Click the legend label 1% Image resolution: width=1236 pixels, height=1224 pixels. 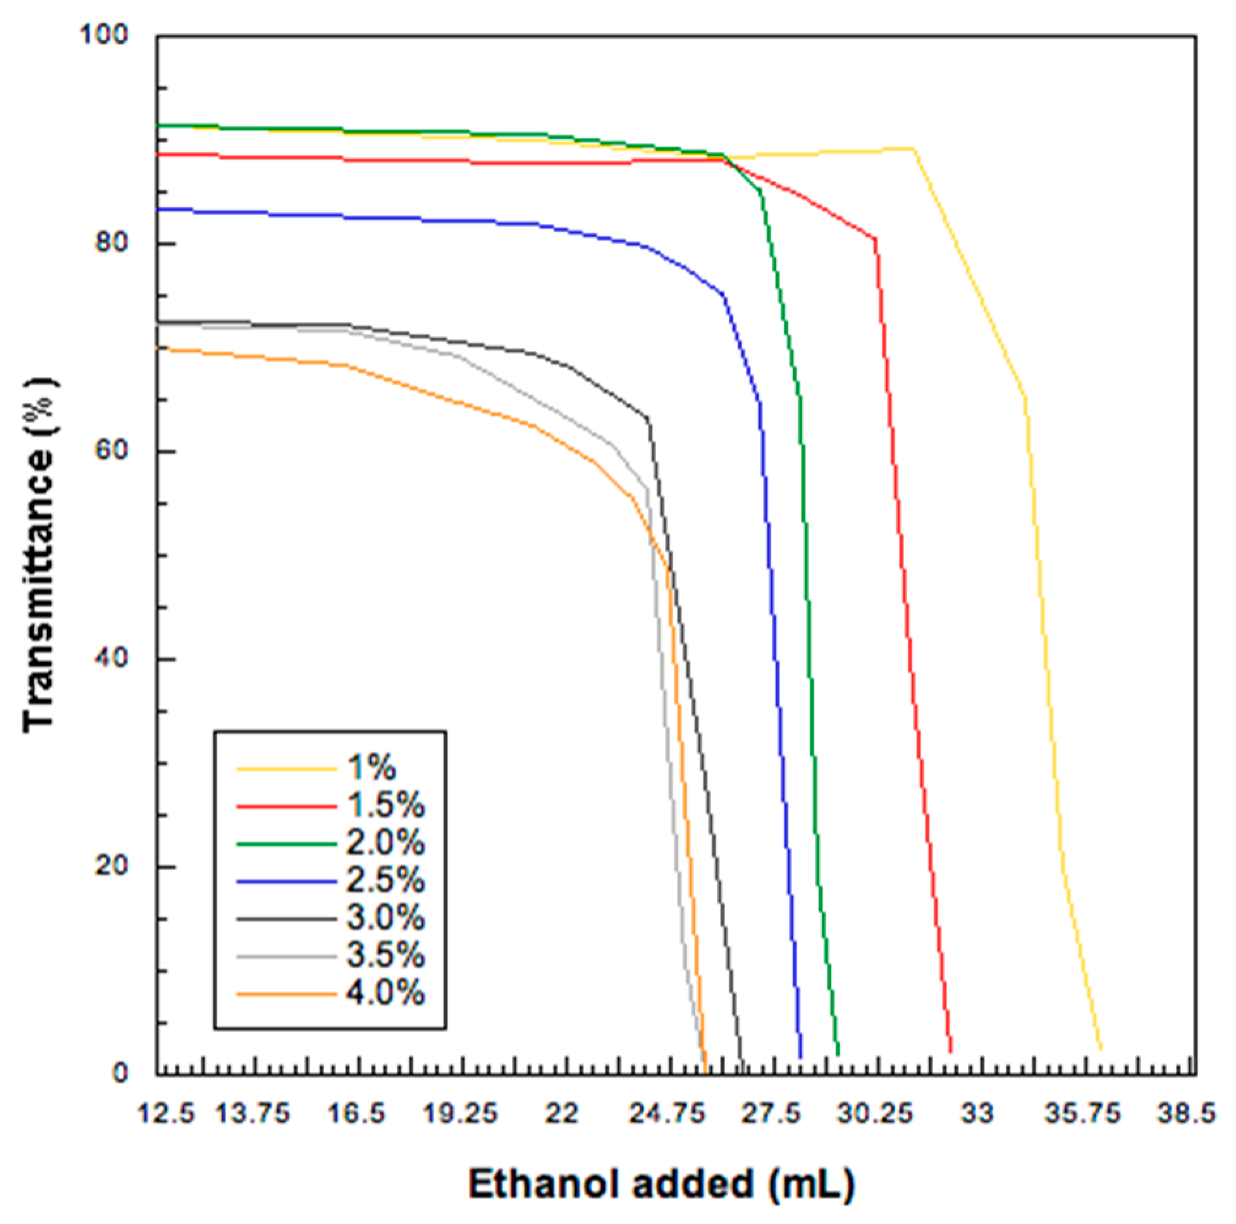tap(371, 767)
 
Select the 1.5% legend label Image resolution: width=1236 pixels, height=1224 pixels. tap(385, 805)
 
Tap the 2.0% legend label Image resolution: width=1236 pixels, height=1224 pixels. tap(385, 843)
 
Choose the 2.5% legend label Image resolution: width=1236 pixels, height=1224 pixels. tap(385, 880)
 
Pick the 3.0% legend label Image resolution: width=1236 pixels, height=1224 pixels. tap(385, 918)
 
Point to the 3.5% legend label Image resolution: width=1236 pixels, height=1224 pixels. tap(385, 955)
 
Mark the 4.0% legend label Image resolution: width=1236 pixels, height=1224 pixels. tap(385, 993)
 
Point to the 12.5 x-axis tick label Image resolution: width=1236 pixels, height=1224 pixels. tap(166, 1112)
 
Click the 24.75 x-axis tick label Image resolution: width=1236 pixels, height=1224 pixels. tap(668, 1112)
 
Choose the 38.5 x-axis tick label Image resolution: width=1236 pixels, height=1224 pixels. tap(1186, 1112)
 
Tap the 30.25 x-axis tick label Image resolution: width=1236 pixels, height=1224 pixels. tap(875, 1112)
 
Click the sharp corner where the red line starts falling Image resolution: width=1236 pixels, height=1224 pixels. tap(875, 239)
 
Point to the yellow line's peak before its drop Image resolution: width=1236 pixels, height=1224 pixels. tap(912, 149)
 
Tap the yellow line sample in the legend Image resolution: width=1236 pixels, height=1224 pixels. tap(286, 769)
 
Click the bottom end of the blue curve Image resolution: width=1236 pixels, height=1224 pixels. tap(801, 1056)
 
